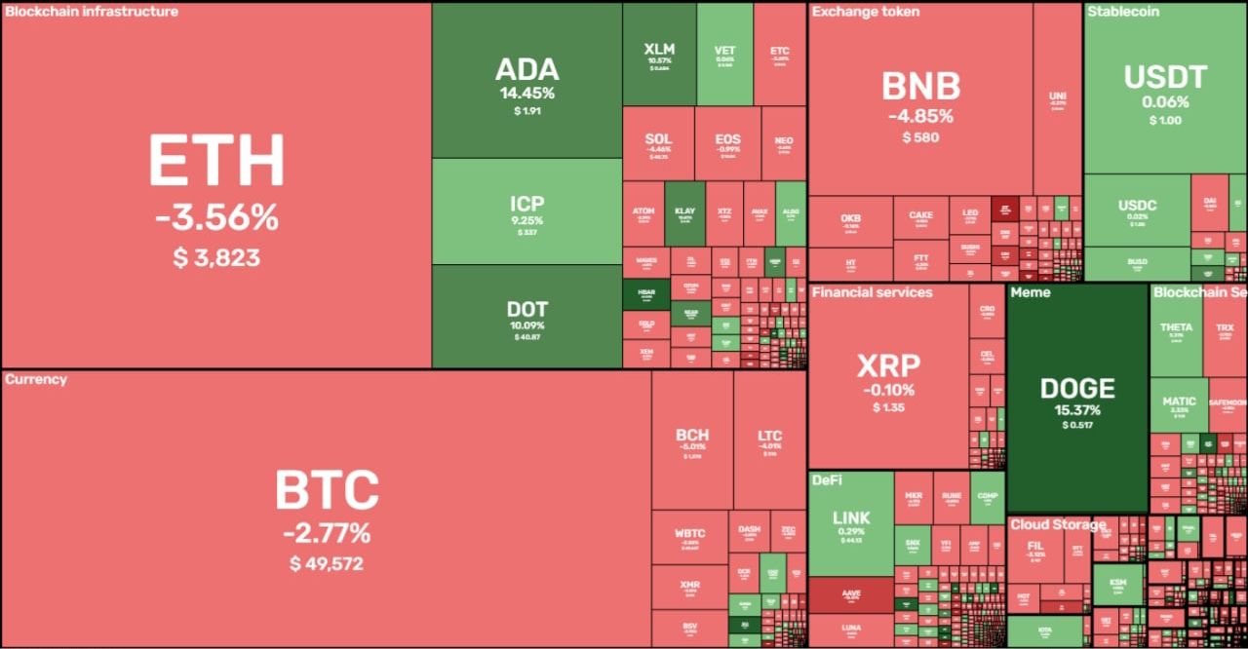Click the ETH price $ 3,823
pyautogui.click(x=217, y=257)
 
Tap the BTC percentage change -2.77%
pyautogui.click(x=327, y=533)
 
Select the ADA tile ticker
pyautogui.click(x=526, y=69)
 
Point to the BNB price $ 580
pyautogui.click(x=920, y=137)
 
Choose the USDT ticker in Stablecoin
pyautogui.click(x=1165, y=77)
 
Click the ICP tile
pyautogui.click(x=526, y=211)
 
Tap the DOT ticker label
pyautogui.click(x=526, y=309)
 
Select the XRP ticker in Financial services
pyautogui.click(x=888, y=366)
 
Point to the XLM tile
pyautogui.click(x=659, y=55)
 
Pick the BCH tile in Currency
pyautogui.click(x=692, y=441)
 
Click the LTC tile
pyautogui.click(x=770, y=441)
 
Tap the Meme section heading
pyautogui.click(x=1031, y=292)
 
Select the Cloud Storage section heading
pyautogui.click(x=1057, y=524)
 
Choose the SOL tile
pyautogui.click(x=658, y=144)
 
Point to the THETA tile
pyautogui.click(x=1176, y=331)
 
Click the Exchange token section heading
pyautogui.click(x=865, y=12)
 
